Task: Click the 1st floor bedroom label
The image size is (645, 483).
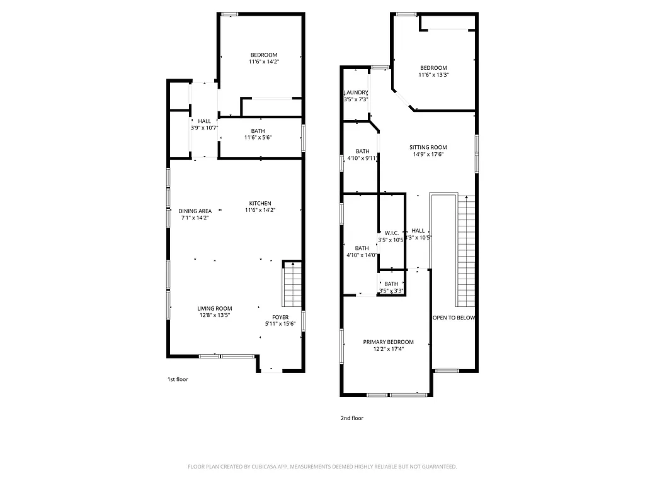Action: [x=263, y=58]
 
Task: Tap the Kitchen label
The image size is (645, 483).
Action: [x=260, y=206]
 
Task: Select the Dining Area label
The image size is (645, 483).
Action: [x=195, y=214]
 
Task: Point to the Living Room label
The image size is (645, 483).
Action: [x=215, y=312]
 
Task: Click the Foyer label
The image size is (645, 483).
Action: [x=280, y=320]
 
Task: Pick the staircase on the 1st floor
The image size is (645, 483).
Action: [x=292, y=284]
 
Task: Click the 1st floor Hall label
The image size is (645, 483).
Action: [x=204, y=125]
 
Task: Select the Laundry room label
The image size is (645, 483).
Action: [x=356, y=96]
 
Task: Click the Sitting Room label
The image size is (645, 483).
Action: [x=428, y=151]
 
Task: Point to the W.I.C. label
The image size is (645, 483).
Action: [x=391, y=236]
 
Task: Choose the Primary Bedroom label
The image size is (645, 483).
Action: [x=388, y=345]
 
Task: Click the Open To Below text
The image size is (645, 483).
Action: [x=454, y=318]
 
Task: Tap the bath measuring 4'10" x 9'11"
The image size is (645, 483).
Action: [x=362, y=155]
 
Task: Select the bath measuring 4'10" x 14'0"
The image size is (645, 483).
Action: [x=362, y=252]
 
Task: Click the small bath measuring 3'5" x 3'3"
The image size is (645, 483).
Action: [x=391, y=287]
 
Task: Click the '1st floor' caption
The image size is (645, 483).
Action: [x=178, y=379]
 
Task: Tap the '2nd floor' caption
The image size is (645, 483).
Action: [x=352, y=418]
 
